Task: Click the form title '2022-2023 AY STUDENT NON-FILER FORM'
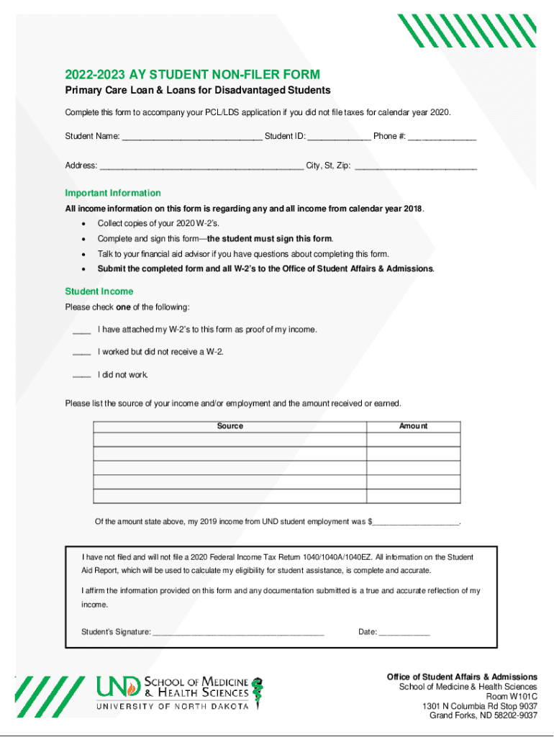point(192,75)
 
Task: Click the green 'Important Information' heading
point(113,193)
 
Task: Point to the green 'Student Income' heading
point(99,291)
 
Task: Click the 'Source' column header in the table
point(230,426)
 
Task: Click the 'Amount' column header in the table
point(413,426)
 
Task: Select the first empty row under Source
point(230,440)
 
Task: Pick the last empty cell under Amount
point(413,496)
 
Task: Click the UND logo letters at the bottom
point(119,687)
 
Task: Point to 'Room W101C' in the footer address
point(512,697)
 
